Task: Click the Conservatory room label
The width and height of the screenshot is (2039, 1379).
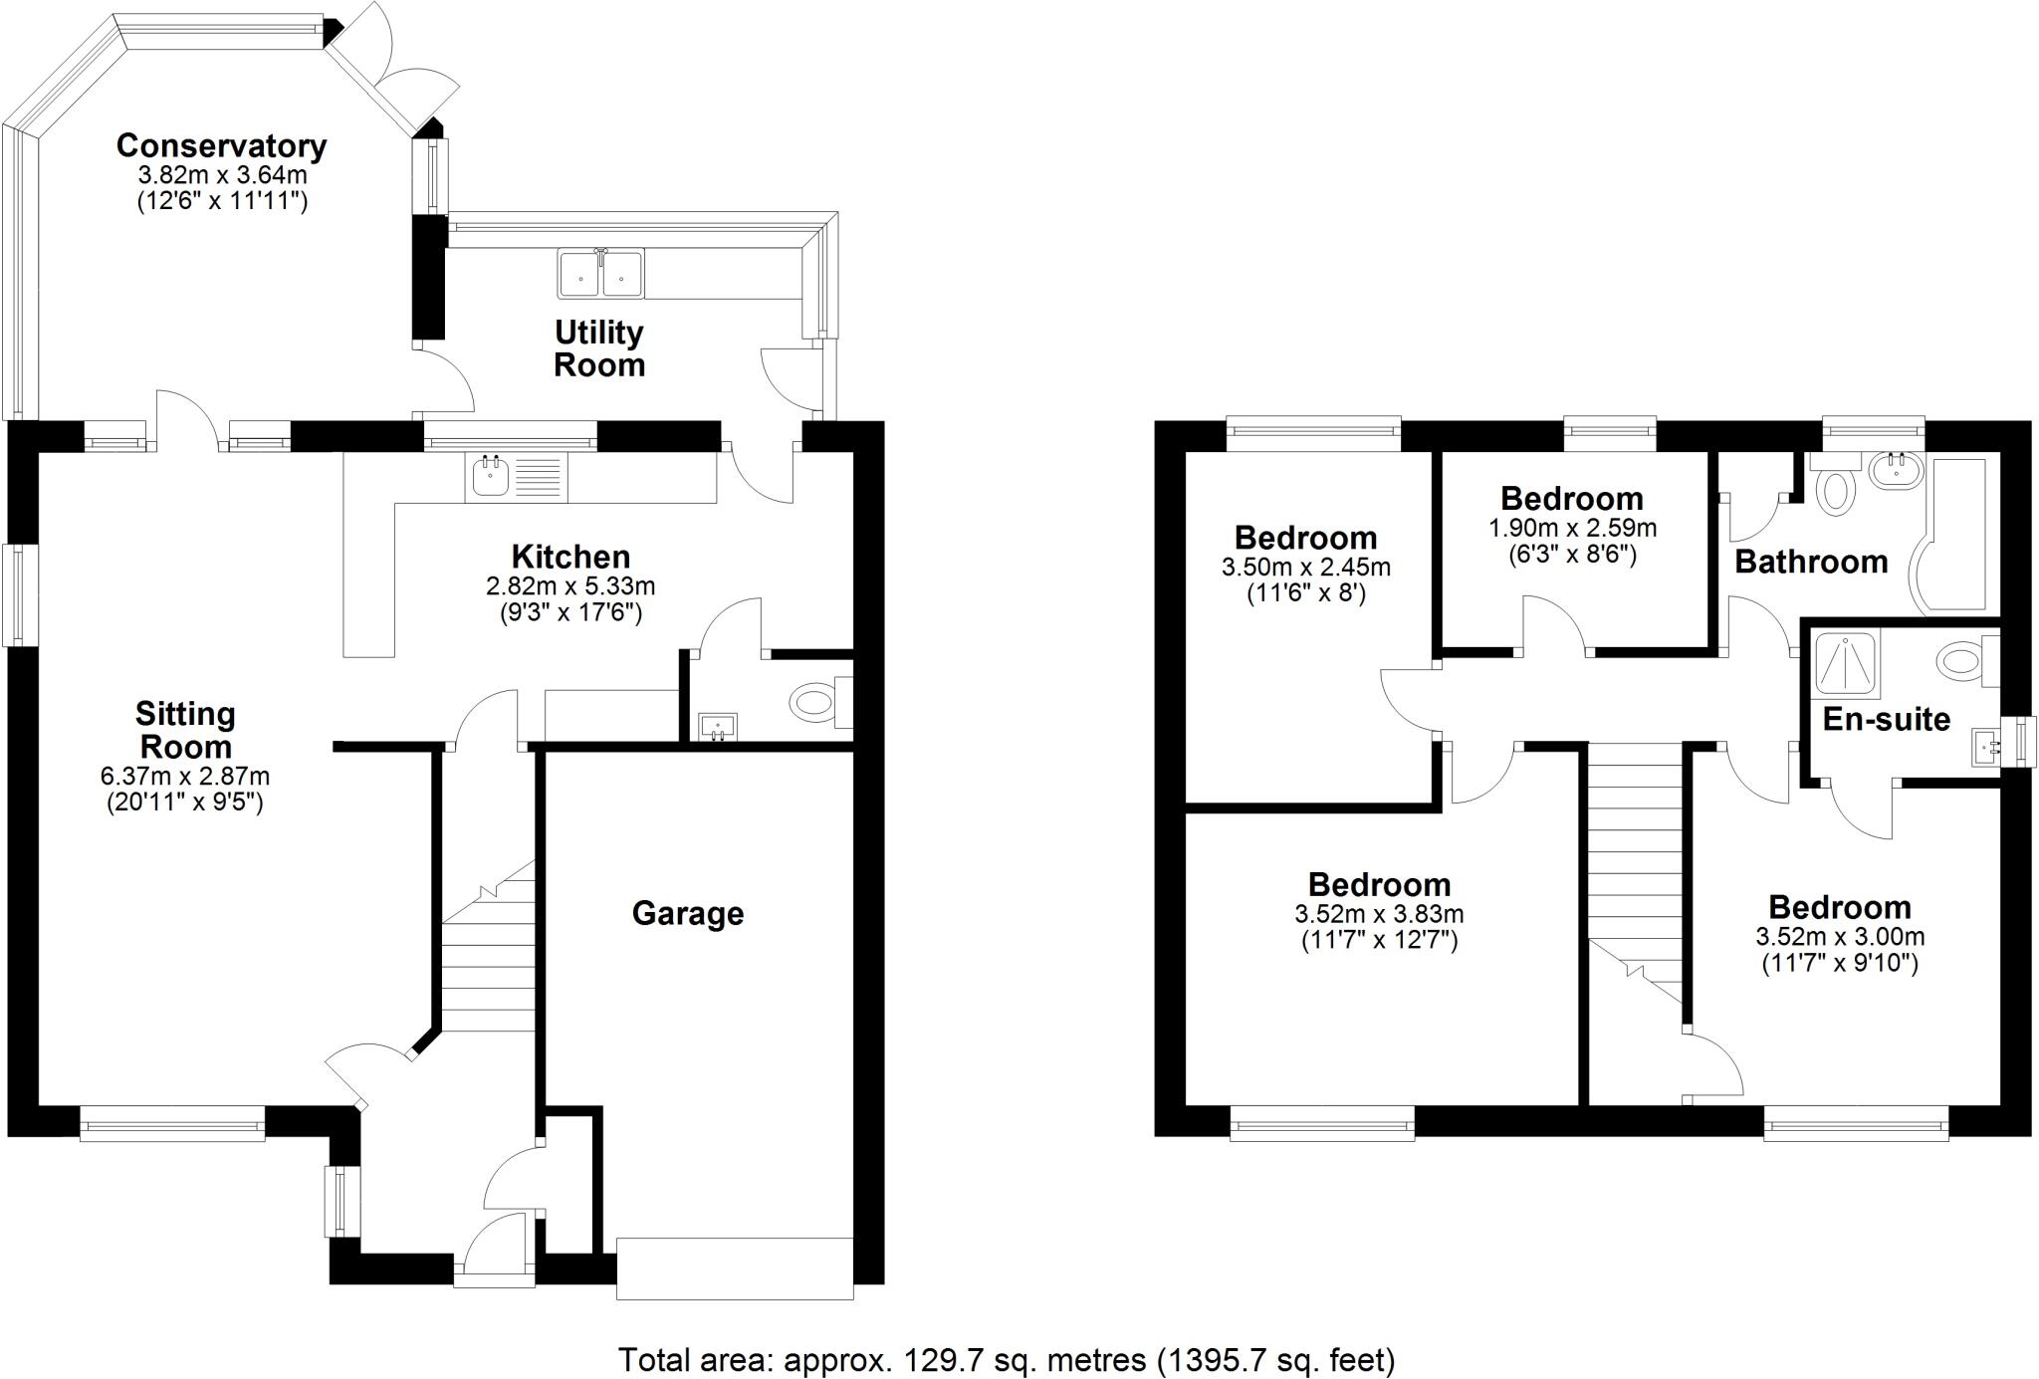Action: coord(221,145)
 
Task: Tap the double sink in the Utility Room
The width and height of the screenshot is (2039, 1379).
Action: coord(600,273)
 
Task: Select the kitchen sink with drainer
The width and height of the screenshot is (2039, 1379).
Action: coord(515,478)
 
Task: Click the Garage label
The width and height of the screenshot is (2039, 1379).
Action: coord(688,913)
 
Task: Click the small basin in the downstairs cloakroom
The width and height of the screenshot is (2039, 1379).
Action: coord(717,727)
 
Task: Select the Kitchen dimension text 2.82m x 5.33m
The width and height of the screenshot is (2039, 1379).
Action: coord(570,586)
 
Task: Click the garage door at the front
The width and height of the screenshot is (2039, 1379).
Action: coord(735,1267)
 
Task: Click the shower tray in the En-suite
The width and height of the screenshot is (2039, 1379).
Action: coord(1847,662)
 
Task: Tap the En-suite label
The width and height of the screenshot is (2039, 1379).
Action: coord(1886,719)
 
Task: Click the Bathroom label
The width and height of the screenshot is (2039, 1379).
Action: coord(1811,563)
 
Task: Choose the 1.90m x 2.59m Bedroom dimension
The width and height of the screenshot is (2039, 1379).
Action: coord(1572,528)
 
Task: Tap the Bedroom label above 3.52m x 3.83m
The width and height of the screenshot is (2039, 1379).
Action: coord(1379,884)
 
